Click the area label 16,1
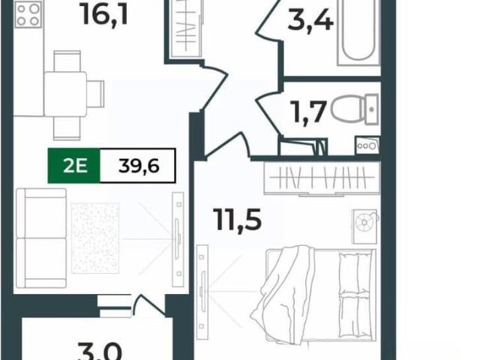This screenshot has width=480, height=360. click(105, 15)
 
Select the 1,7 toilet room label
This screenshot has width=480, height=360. click(310, 112)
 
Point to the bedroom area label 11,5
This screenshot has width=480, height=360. click(238, 219)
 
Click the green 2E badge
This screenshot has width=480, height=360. click(74, 166)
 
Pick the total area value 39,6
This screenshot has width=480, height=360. click(139, 166)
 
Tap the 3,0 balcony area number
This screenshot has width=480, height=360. click(100, 352)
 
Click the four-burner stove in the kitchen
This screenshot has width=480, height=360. click(28, 14)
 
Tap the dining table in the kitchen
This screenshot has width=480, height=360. click(65, 94)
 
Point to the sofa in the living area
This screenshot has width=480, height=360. click(41, 238)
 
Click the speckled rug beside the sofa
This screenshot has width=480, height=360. click(95, 238)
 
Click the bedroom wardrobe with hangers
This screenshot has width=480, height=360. click(322, 178)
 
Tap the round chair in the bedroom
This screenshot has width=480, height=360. click(365, 222)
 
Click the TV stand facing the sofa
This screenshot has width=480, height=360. click(178, 239)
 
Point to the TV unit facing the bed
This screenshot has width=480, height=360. click(202, 292)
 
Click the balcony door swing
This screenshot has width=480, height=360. click(149, 305)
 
